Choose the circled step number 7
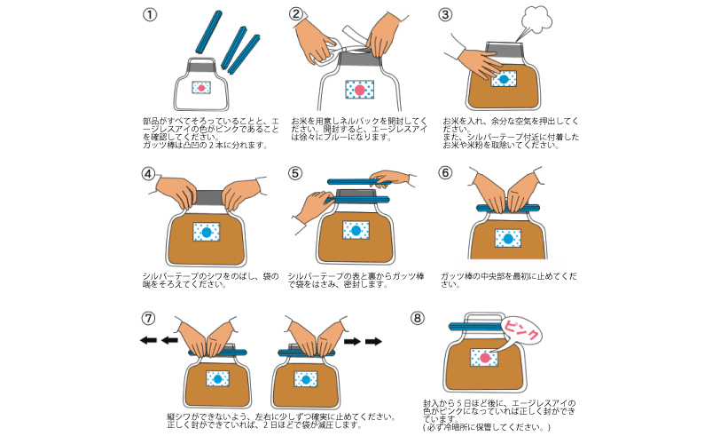pyautogui.click(x=149, y=318)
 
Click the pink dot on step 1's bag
pyautogui.click(x=201, y=89)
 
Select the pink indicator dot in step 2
pyautogui.click(x=360, y=90)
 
